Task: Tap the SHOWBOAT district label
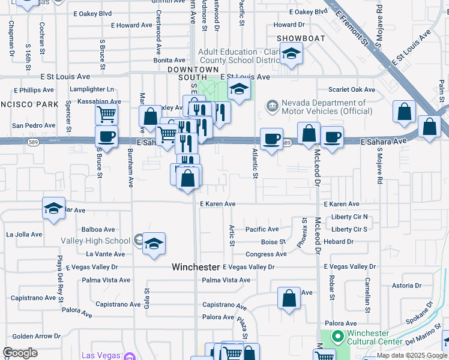(x=301, y=38)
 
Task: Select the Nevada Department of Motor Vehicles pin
(x=273, y=106)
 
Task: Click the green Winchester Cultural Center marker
(x=337, y=337)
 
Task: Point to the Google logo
(x=20, y=353)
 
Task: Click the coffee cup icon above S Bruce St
(x=106, y=136)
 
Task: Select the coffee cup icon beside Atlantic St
(x=271, y=139)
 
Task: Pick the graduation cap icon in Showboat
(x=291, y=54)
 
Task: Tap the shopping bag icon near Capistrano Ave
(x=289, y=298)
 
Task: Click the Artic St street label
(x=231, y=235)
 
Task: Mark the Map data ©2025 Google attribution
(x=412, y=356)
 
